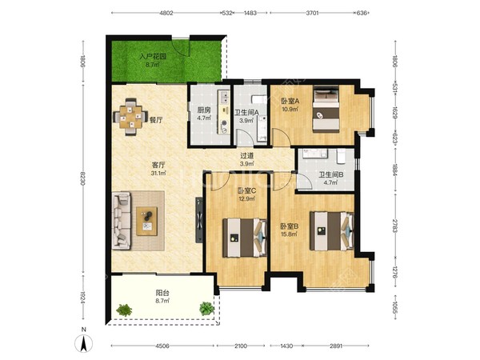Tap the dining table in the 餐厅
(130, 117)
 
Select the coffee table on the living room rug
(147, 222)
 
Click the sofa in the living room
(122, 221)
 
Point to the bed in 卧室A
(326, 110)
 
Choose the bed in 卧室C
(244, 238)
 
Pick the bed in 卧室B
(331, 231)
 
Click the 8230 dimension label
(83, 180)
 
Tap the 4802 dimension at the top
(166, 13)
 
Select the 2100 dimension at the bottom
(241, 346)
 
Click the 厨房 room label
(204, 110)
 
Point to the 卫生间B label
(331, 174)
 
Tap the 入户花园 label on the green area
(153, 57)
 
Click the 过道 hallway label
(246, 156)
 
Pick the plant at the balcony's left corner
(124, 310)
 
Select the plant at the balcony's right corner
(206, 309)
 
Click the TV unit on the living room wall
(199, 220)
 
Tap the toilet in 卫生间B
(341, 156)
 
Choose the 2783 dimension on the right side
(395, 226)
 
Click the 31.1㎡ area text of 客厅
(158, 174)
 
